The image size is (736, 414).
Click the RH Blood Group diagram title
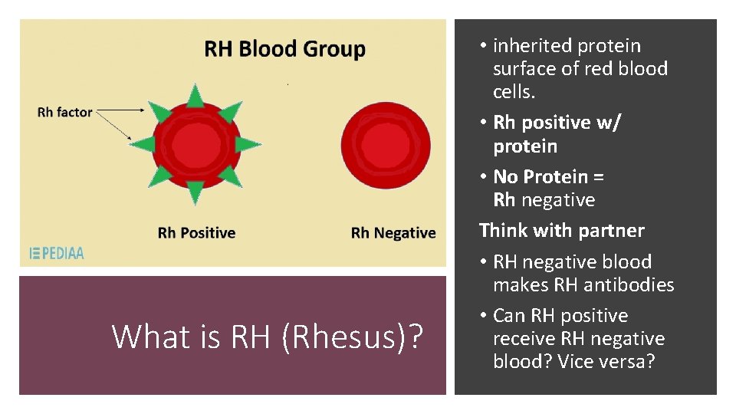pyautogui.click(x=284, y=50)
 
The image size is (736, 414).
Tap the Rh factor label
pyautogui.click(x=64, y=112)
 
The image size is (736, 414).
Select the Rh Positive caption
pyautogui.click(x=196, y=232)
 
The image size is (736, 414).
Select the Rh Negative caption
pyautogui.click(x=393, y=232)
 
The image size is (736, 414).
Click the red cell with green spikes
pyautogui.click(x=195, y=143)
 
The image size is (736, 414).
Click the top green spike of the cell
pyautogui.click(x=195, y=95)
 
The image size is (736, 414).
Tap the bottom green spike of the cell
pyautogui.click(x=195, y=192)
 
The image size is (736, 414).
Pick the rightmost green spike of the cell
pyautogui.click(x=247, y=143)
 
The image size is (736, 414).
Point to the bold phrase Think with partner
pyautogui.click(x=561, y=230)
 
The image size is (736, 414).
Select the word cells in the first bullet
pyautogui.click(x=514, y=92)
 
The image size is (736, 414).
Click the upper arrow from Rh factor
pyautogui.click(x=123, y=110)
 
